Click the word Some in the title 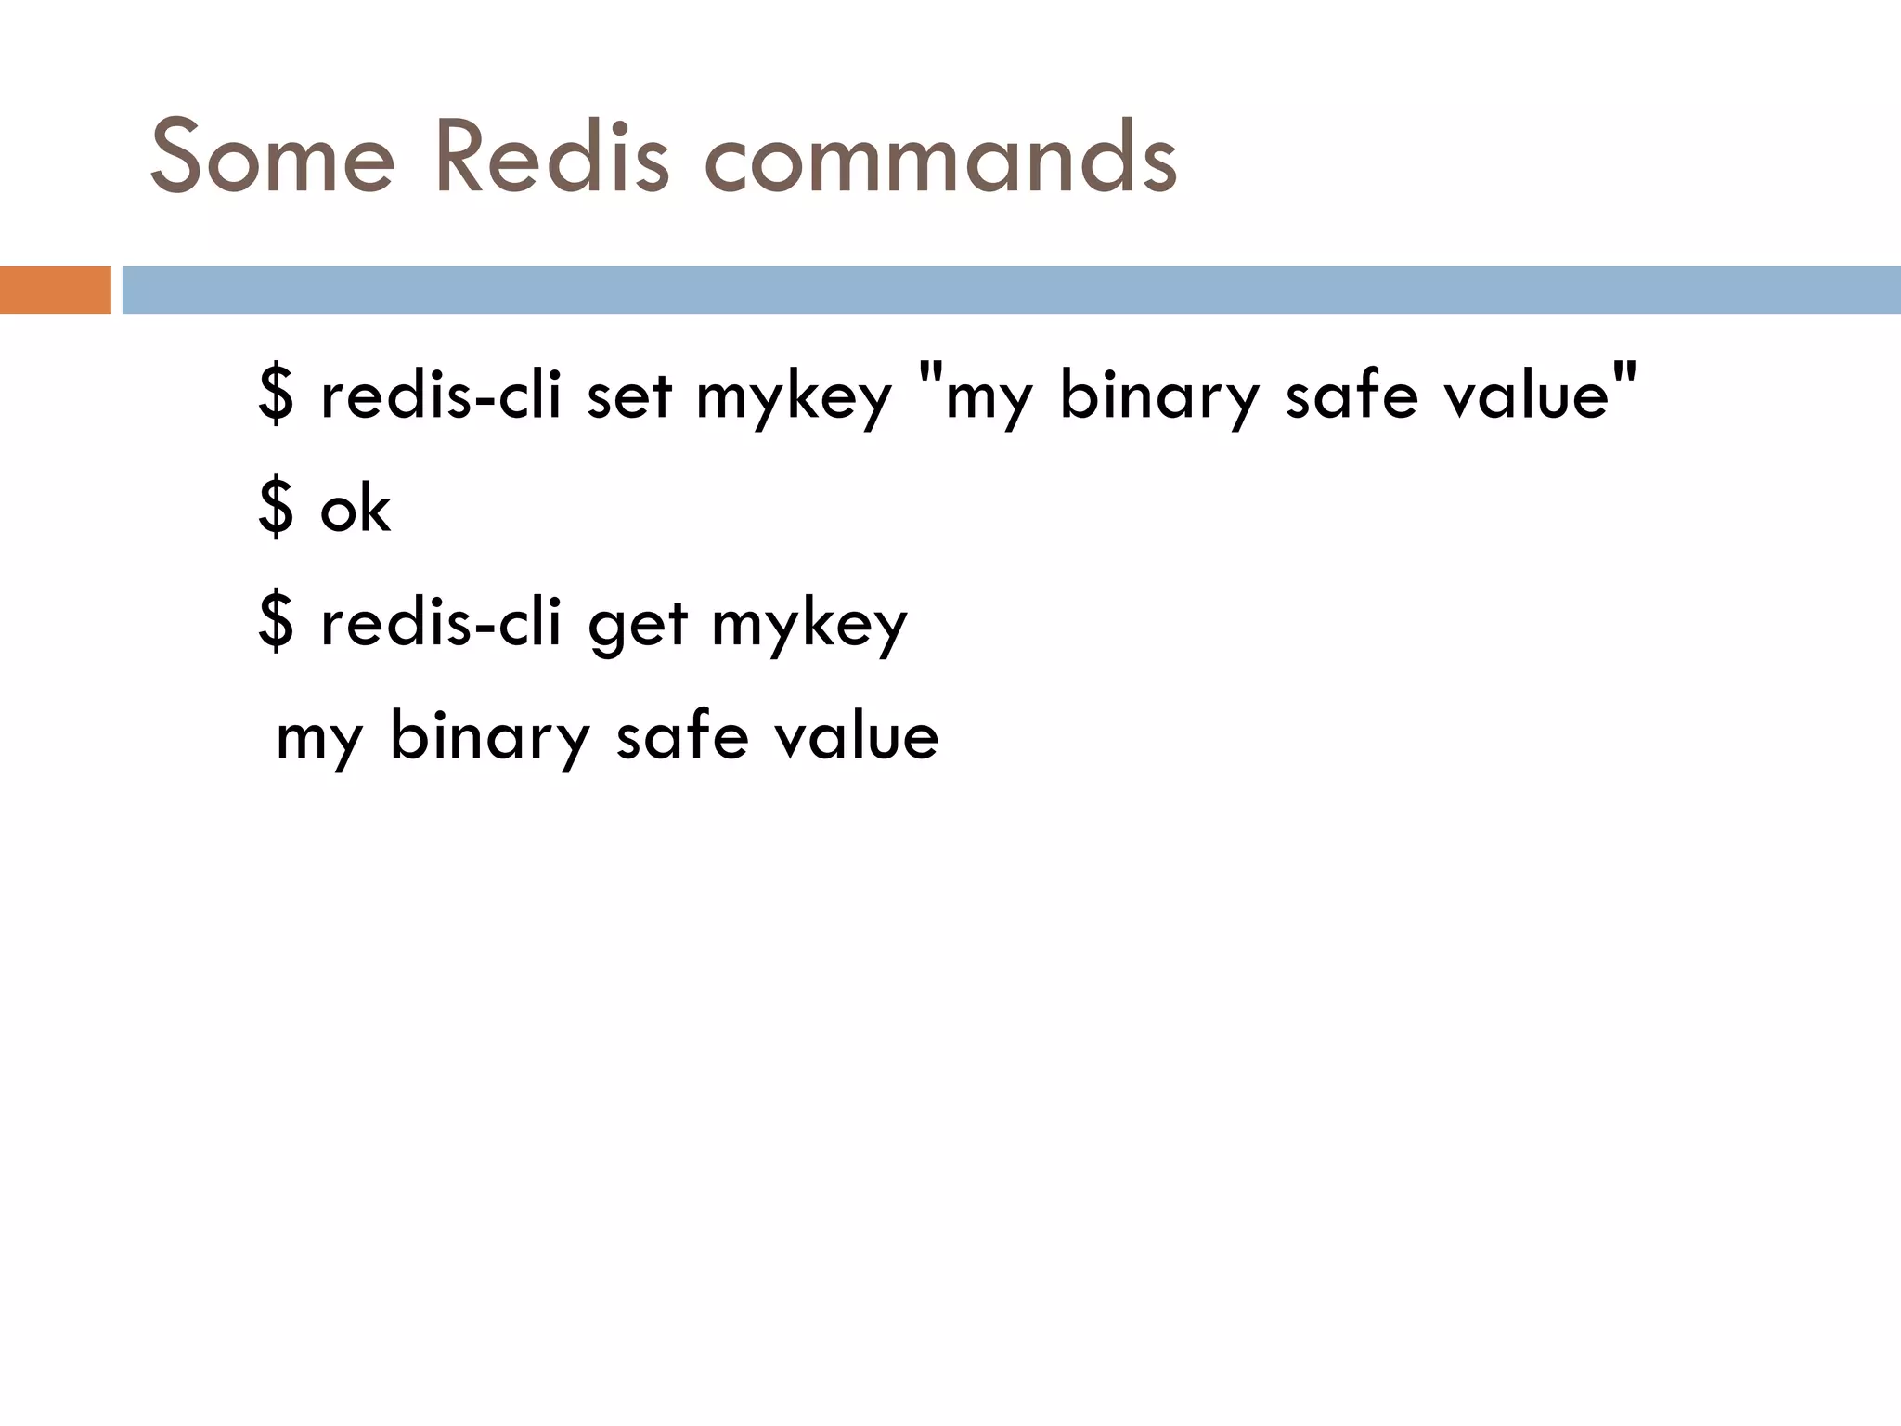[272, 158]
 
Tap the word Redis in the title [550, 158]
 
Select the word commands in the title [940, 158]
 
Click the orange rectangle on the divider [55, 290]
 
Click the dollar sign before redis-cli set [276, 395]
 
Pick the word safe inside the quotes [1351, 395]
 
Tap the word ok [356, 509]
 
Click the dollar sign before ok [276, 509]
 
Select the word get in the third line [638, 624]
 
